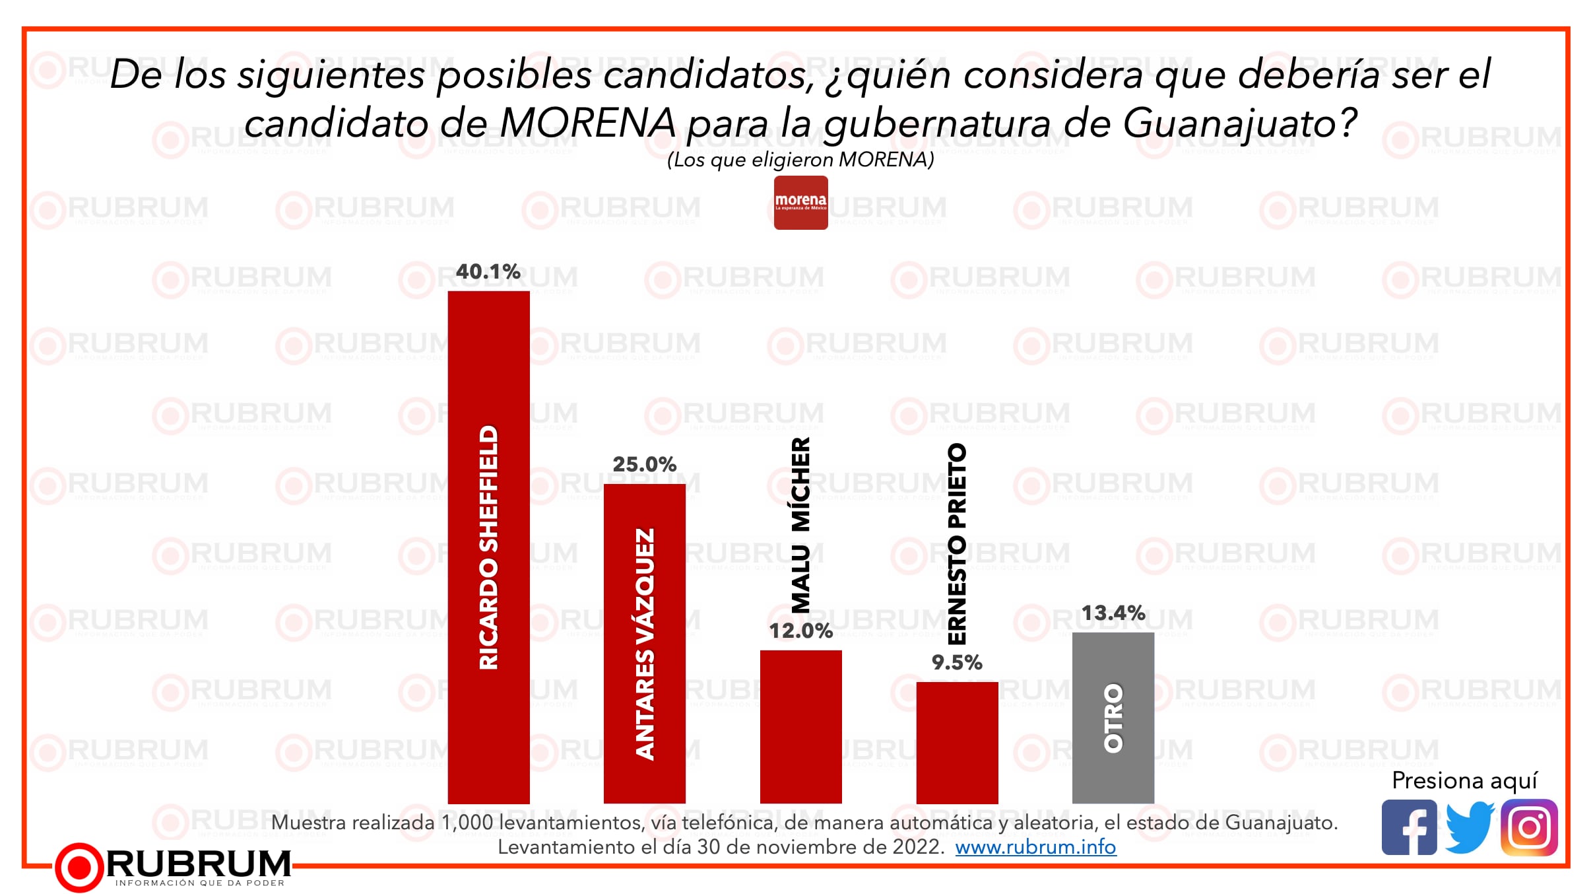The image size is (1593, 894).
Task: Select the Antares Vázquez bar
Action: coord(644,643)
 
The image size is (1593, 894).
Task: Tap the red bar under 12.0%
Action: coord(800,726)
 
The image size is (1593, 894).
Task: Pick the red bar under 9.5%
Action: coord(957,742)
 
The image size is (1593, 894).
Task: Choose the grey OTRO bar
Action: coord(1113,718)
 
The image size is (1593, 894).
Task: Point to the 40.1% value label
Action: coord(488,271)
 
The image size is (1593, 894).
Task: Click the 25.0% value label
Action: coord(644,464)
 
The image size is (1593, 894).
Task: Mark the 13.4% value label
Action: coord(1113,613)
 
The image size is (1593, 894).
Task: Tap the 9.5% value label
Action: coord(957,662)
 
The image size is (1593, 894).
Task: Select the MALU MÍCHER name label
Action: coord(800,525)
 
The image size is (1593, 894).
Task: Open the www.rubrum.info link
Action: coord(1035,847)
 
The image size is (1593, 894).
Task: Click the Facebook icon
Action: coord(1409,827)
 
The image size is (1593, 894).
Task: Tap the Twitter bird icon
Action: coord(1470,827)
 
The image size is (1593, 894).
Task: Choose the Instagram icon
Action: coord(1529,827)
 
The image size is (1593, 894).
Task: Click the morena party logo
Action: coord(800,203)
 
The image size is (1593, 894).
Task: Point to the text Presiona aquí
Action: coord(1464,780)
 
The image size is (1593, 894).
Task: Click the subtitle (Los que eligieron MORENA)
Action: coord(800,160)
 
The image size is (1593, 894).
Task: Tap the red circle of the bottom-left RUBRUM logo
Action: coord(79,867)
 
